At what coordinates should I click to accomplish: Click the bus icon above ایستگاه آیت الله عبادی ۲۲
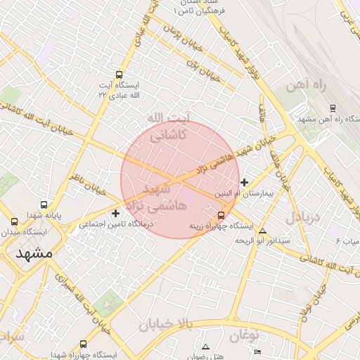tap(119, 74)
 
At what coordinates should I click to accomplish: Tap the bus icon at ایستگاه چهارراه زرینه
tap(221, 215)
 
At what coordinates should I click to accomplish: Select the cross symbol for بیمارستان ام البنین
tap(244, 182)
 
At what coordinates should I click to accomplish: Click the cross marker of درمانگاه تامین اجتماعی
tap(116, 212)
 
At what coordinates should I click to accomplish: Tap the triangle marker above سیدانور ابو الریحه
tap(263, 231)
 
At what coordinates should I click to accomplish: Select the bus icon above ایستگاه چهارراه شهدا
tap(84, 345)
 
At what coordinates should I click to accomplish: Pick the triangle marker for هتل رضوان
tap(205, 347)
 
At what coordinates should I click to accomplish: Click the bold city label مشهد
tap(34, 254)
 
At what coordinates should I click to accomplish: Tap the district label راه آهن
tap(307, 88)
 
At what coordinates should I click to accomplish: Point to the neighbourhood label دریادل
tap(303, 217)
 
